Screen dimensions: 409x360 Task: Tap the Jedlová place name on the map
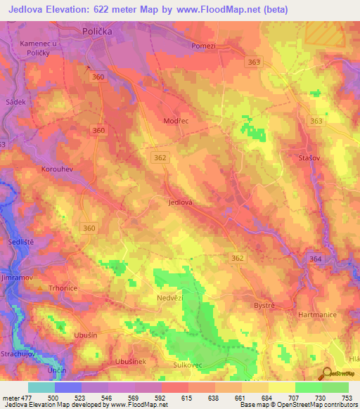click(181, 202)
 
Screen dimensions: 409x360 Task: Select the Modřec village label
click(176, 122)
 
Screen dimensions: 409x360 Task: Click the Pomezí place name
click(205, 46)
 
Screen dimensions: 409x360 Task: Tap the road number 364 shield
click(315, 259)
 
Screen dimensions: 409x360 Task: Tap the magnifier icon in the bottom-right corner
click(326, 373)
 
